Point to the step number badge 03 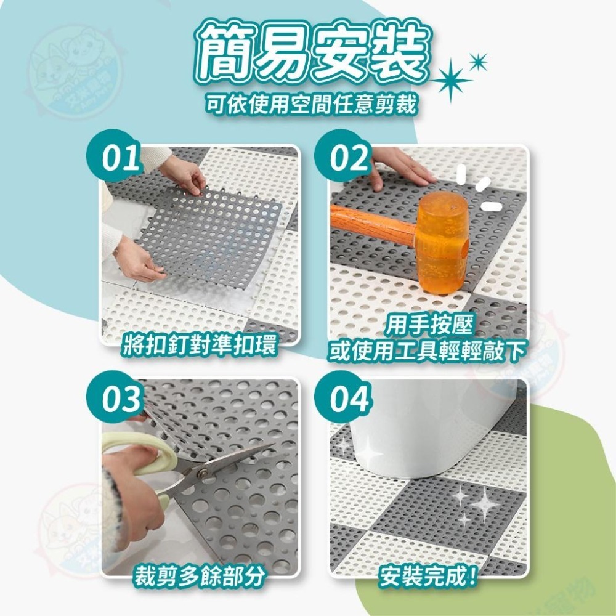[x=121, y=400]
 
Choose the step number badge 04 [x=349, y=400]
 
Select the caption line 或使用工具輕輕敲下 [x=428, y=351]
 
